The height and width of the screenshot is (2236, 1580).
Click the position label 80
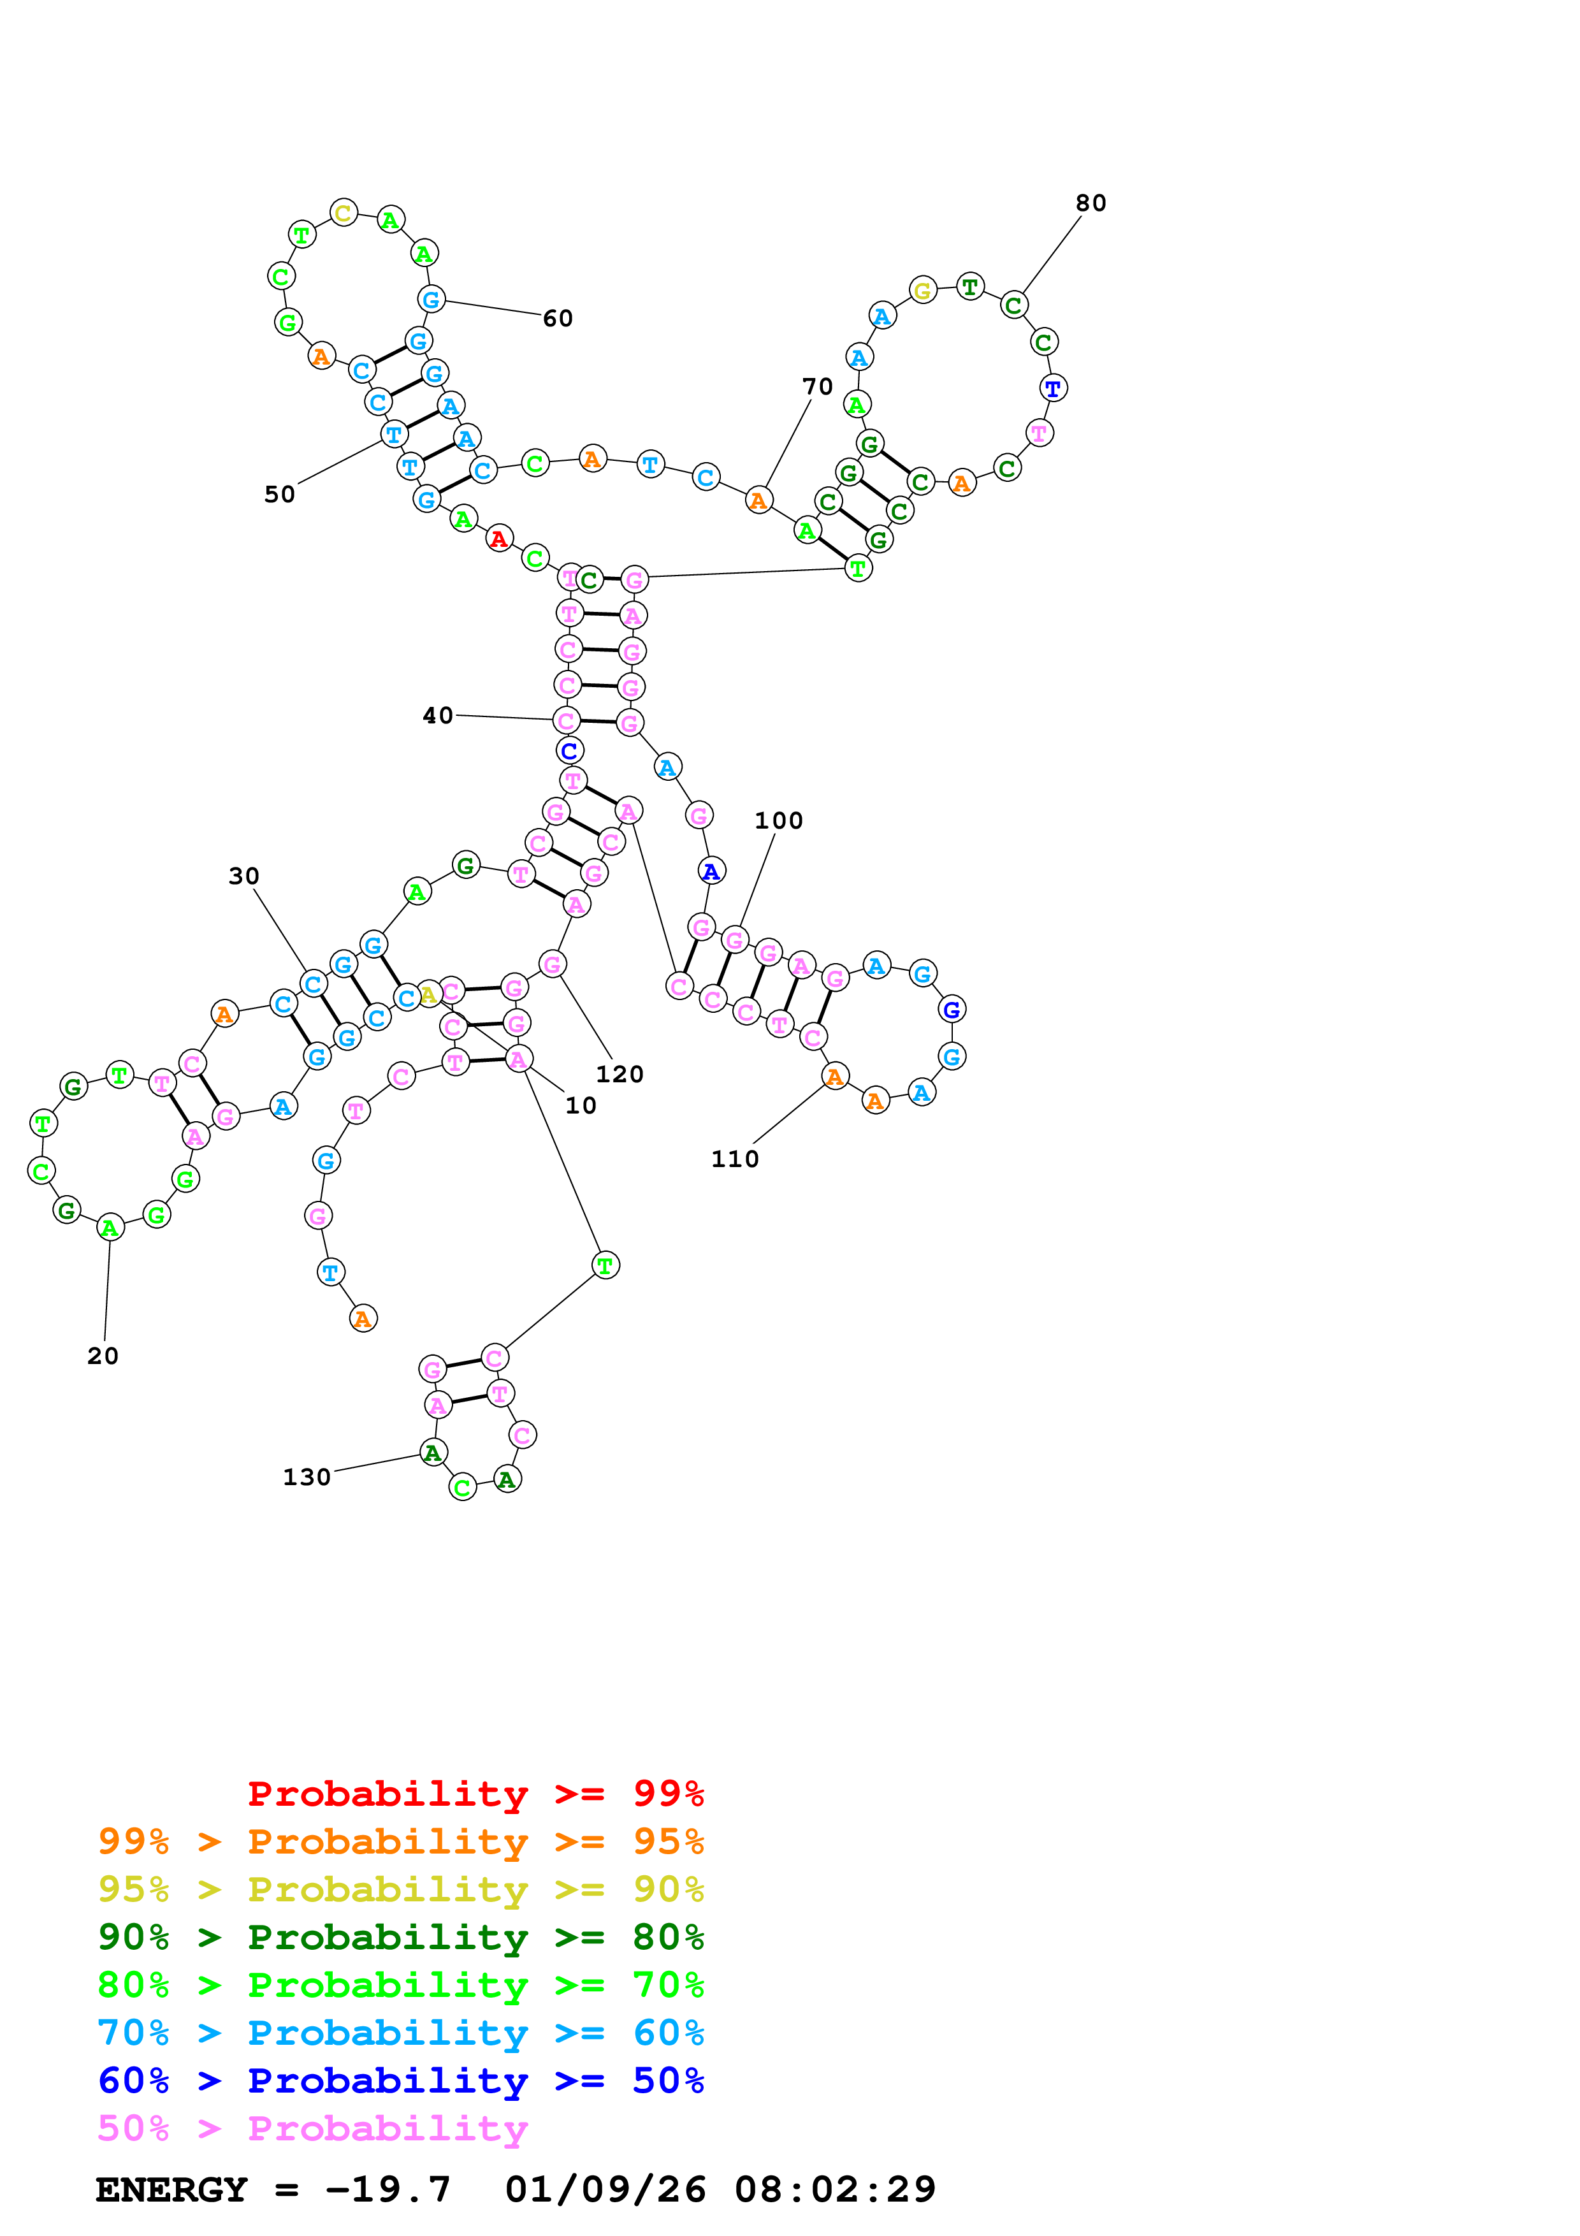1091,203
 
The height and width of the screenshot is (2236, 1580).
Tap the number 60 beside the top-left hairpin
558,319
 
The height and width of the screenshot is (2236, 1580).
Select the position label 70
818,387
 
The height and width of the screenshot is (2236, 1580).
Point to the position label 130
307,1477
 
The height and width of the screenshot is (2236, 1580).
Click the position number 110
735,1159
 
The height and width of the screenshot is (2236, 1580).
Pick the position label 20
103,1356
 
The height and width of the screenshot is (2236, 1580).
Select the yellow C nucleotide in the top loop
344,212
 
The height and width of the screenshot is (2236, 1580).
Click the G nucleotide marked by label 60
431,299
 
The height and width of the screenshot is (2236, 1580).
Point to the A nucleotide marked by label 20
110,1228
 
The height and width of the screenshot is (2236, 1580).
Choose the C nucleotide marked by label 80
1013,305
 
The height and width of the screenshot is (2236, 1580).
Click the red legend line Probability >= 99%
476,1794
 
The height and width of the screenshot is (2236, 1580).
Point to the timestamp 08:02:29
836,2189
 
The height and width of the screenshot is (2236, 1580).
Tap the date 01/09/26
605,2189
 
